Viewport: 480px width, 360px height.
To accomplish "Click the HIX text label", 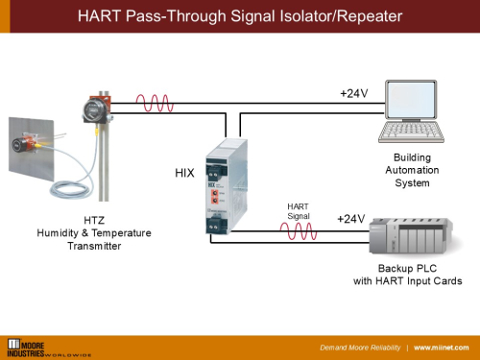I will [185, 174].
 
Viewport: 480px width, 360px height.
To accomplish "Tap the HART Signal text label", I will [299, 211].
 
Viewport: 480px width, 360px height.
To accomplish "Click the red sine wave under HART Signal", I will [298, 229].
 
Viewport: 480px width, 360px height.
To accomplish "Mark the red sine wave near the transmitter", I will [156, 103].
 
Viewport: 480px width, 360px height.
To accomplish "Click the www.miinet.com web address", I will [443, 347].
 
